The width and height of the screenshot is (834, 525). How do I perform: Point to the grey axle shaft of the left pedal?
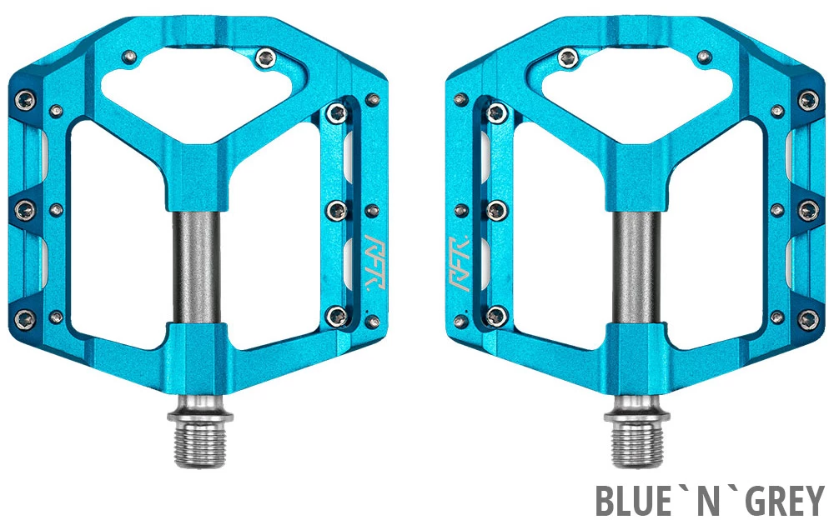coord(197,266)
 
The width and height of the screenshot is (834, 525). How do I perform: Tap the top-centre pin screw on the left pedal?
coord(267,57)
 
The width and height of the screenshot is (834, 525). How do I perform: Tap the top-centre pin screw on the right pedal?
coord(568,57)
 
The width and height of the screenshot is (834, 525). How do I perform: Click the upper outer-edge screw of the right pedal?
coord(806,100)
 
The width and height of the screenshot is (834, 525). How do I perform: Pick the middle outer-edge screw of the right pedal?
coord(806,208)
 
